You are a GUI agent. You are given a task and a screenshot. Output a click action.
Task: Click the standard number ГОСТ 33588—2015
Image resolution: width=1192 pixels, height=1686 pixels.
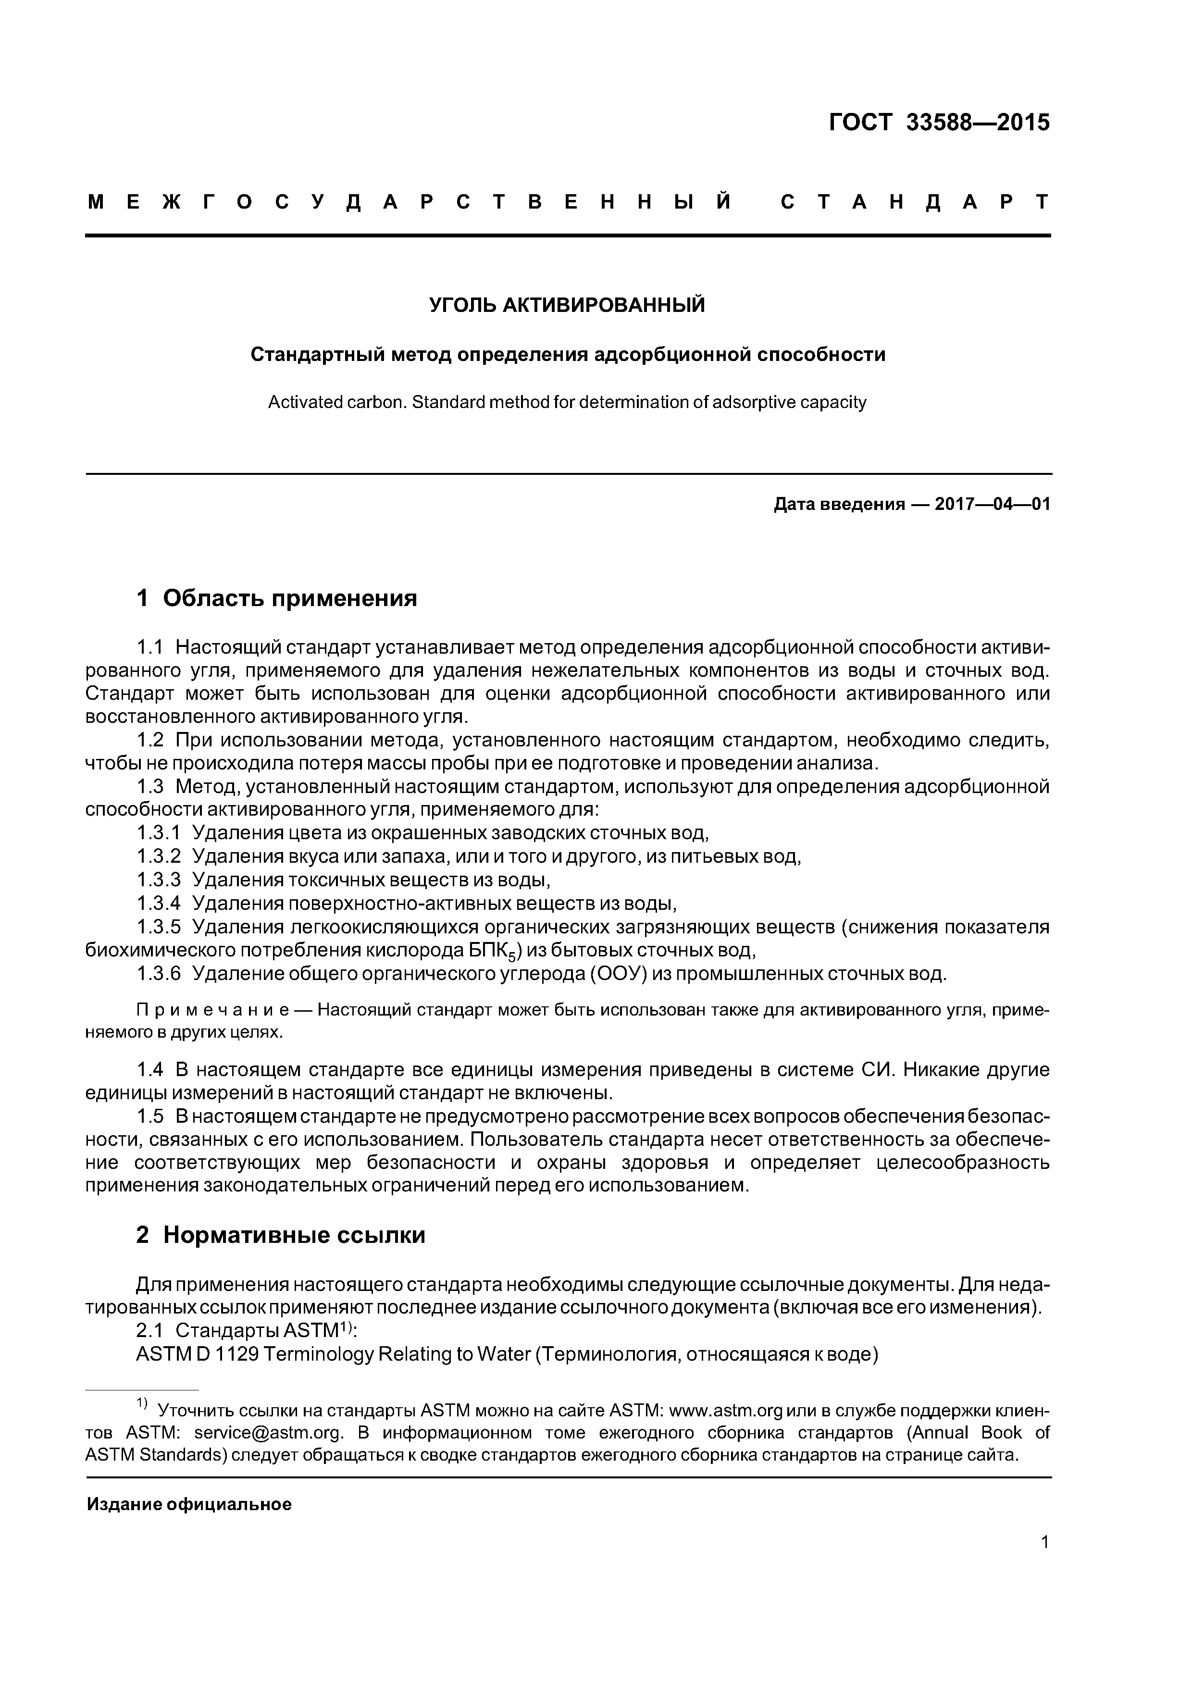939,123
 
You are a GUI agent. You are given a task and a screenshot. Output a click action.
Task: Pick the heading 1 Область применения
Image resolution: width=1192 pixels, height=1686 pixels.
277,598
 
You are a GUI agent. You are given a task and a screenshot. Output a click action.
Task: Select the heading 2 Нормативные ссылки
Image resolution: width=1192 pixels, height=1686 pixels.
281,1235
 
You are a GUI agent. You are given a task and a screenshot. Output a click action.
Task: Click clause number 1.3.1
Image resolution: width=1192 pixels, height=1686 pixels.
158,833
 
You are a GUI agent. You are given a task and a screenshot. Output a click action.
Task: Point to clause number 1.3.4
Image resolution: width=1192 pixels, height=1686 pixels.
158,903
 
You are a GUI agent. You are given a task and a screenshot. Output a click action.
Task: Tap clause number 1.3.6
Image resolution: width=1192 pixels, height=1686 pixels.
158,974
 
